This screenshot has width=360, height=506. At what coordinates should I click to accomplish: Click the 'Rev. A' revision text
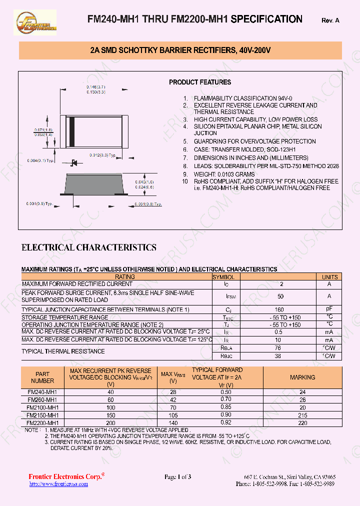[330, 20]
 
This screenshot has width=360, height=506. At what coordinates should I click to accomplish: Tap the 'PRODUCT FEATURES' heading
[199, 82]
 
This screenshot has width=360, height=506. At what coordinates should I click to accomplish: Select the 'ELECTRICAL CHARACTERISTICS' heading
[88, 247]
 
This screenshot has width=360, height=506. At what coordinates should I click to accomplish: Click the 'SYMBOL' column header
[223, 276]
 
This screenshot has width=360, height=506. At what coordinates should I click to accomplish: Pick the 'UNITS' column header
[329, 276]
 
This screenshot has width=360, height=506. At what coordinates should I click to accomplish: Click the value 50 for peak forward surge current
[280, 296]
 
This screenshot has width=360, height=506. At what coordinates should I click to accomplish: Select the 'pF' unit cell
[329, 309]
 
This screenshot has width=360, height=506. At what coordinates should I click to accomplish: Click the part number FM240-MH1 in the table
[42, 392]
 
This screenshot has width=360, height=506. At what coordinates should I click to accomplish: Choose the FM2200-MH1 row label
[42, 422]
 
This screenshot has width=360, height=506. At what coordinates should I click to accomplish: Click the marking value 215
[302, 415]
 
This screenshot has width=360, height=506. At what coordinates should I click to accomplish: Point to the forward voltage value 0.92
[226, 422]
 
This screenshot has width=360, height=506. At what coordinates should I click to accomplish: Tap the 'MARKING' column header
[302, 377]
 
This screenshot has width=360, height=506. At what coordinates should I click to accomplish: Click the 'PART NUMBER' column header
[42, 377]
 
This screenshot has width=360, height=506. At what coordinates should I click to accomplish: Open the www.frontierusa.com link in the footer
[54, 484]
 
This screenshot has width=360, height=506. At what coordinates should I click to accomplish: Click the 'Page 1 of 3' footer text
[178, 477]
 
